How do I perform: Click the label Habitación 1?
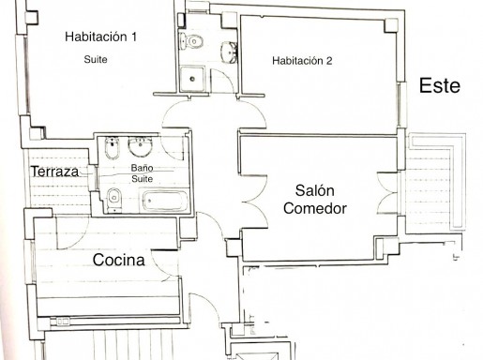click(100, 37)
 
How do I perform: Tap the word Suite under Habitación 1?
click(96, 59)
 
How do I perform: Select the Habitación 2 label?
click(302, 61)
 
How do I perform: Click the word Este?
click(439, 85)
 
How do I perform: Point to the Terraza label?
click(54, 172)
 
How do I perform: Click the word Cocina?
click(118, 260)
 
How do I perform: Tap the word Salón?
click(314, 190)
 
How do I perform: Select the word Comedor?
click(315, 208)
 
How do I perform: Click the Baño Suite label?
click(142, 173)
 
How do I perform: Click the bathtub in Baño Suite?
click(165, 201)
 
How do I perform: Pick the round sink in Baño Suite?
click(141, 146)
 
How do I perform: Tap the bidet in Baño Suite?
click(112, 147)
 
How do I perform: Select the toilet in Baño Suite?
click(113, 200)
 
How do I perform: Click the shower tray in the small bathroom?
click(192, 79)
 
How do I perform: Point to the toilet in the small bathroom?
click(191, 41)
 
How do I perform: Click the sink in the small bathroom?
click(229, 52)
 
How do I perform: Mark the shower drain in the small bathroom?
click(192, 79)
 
